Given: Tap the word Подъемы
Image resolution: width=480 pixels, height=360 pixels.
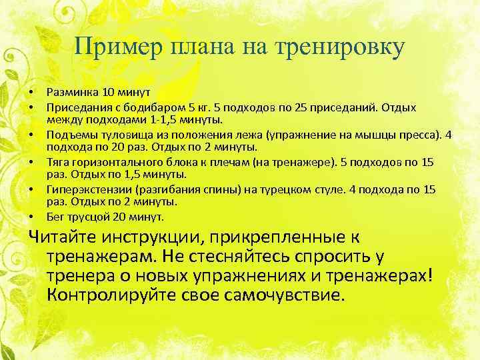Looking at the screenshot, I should point(69,135).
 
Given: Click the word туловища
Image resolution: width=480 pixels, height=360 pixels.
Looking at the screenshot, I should point(116,135).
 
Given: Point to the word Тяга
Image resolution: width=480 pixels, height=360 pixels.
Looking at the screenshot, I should point(57,163).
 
